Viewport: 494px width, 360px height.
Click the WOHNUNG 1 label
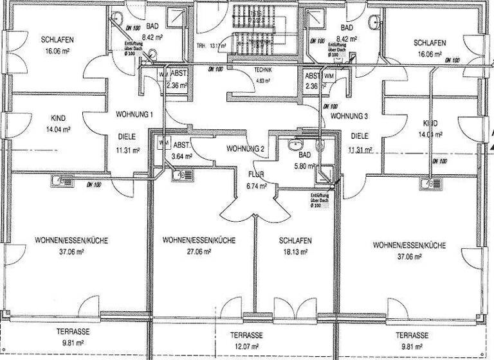click(x=134, y=114)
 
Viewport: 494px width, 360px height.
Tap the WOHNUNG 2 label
click(x=246, y=149)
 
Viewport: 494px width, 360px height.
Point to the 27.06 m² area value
click(x=198, y=251)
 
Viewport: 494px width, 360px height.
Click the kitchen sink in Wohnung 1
click(x=60, y=183)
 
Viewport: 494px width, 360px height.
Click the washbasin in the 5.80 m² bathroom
click(x=297, y=145)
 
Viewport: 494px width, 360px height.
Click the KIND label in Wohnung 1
click(x=58, y=118)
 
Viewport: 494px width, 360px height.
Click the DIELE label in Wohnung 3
click(x=360, y=136)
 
